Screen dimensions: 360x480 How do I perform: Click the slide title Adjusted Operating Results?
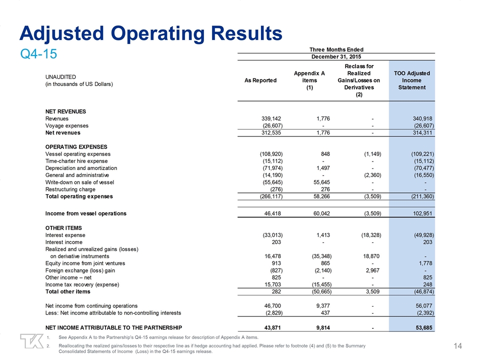point(150,33)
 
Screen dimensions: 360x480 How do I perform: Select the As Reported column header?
point(260,80)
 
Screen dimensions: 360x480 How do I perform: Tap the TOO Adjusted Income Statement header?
point(411,80)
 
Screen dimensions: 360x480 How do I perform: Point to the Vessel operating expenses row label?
point(78,154)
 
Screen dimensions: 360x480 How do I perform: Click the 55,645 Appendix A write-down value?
point(317,182)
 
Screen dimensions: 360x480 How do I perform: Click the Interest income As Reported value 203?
point(278,242)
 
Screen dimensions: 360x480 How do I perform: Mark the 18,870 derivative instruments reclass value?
point(370,256)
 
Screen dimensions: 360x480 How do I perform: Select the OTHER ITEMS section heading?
point(63,228)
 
